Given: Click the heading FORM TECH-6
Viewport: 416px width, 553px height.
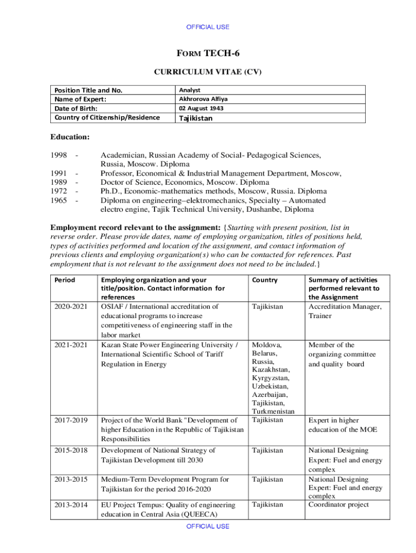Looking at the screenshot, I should tap(207, 53).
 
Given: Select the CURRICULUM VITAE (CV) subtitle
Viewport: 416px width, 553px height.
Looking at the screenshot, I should tap(208, 71).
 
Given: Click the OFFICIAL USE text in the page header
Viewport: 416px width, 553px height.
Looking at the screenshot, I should tap(208, 27).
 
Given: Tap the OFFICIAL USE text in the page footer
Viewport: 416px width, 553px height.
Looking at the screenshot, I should tap(208, 526).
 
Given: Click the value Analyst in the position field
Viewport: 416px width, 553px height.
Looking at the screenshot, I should tap(190, 90).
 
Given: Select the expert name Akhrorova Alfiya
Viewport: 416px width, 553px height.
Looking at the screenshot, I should tap(204, 99).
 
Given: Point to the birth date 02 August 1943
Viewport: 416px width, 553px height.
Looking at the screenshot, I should tap(202, 108).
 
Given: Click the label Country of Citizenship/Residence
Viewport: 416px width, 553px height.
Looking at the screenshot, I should tap(106, 117).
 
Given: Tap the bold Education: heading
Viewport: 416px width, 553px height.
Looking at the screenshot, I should tap(70, 137).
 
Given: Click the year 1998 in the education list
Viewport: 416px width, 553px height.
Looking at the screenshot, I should tap(58, 156).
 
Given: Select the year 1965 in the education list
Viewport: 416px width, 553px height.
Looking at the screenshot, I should tap(58, 200).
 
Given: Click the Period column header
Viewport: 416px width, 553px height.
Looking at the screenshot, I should tap(65, 280).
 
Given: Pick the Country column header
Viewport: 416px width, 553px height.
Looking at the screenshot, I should tap(265, 280).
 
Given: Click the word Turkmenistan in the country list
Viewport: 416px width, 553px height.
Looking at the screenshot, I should tap(273, 411).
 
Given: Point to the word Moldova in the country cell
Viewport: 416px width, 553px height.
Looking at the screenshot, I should tap(266, 345).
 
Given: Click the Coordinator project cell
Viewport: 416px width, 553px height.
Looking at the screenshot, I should tap(338, 504).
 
